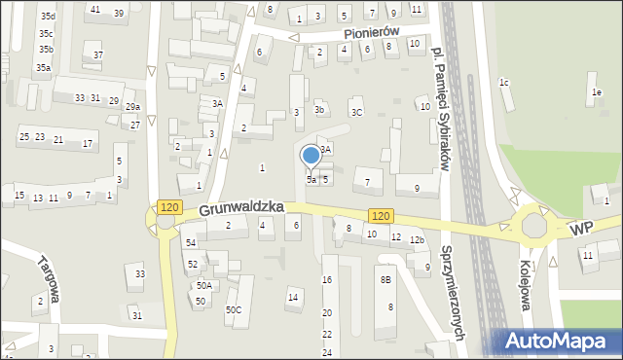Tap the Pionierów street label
coord(372,32)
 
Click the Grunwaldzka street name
coord(241,208)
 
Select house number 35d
coord(48,17)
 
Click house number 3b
coord(319,110)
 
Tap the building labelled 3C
coord(356,113)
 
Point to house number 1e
coord(596,92)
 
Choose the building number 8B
coord(386,280)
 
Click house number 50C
coord(234,310)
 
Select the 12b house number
coord(417,239)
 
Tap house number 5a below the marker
coord(311,179)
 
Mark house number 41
coord(94,10)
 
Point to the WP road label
coord(582,228)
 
